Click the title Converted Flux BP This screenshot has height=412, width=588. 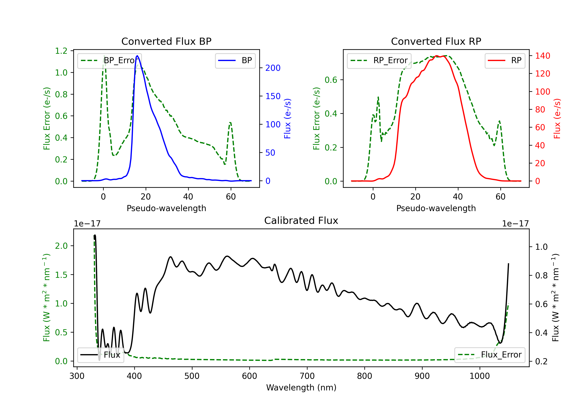coord(166,41)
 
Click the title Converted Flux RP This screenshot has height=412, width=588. coord(436,41)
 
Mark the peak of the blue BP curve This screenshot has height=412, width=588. coord(137,56)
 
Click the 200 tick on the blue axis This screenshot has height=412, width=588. coord(273,68)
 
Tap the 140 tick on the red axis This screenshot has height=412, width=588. coord(542,56)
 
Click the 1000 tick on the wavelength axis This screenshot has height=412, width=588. coord(479,376)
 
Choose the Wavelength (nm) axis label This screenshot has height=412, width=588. coord(301,388)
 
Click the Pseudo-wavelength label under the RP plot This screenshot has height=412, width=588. coord(436,208)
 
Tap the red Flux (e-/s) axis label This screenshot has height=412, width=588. coord(557,118)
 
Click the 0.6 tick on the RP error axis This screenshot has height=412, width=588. coord(331,80)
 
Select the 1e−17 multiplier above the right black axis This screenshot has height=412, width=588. coord(515,224)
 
